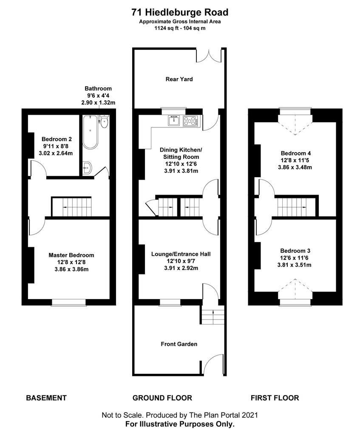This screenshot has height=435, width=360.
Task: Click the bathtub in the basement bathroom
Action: [90, 132]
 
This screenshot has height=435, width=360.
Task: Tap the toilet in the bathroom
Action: [104, 121]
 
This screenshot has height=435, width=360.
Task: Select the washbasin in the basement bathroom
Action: [87, 167]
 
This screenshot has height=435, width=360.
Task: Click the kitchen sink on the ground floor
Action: [174, 121]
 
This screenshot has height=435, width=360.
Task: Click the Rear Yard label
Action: [179, 79]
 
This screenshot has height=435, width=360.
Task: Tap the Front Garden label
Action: [179, 344]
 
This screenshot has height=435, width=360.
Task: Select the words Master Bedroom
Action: [71, 255]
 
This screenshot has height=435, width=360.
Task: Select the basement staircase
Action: [71, 207]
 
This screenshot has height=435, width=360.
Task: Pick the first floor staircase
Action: [296, 207]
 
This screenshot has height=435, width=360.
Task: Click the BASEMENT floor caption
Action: [46, 398]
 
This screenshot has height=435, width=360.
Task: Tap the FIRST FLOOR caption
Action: [275, 398]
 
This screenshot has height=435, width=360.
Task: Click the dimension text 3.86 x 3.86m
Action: [71, 269]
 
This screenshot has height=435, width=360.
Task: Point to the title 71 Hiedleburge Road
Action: [180, 12]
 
